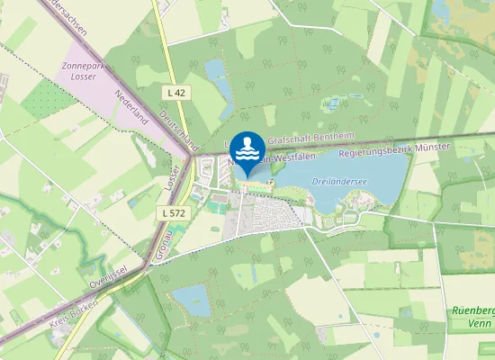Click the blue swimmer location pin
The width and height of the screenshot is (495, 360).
click(x=247, y=149)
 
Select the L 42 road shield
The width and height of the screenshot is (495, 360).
click(x=176, y=92)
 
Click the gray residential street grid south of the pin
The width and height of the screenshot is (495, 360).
click(x=270, y=214)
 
